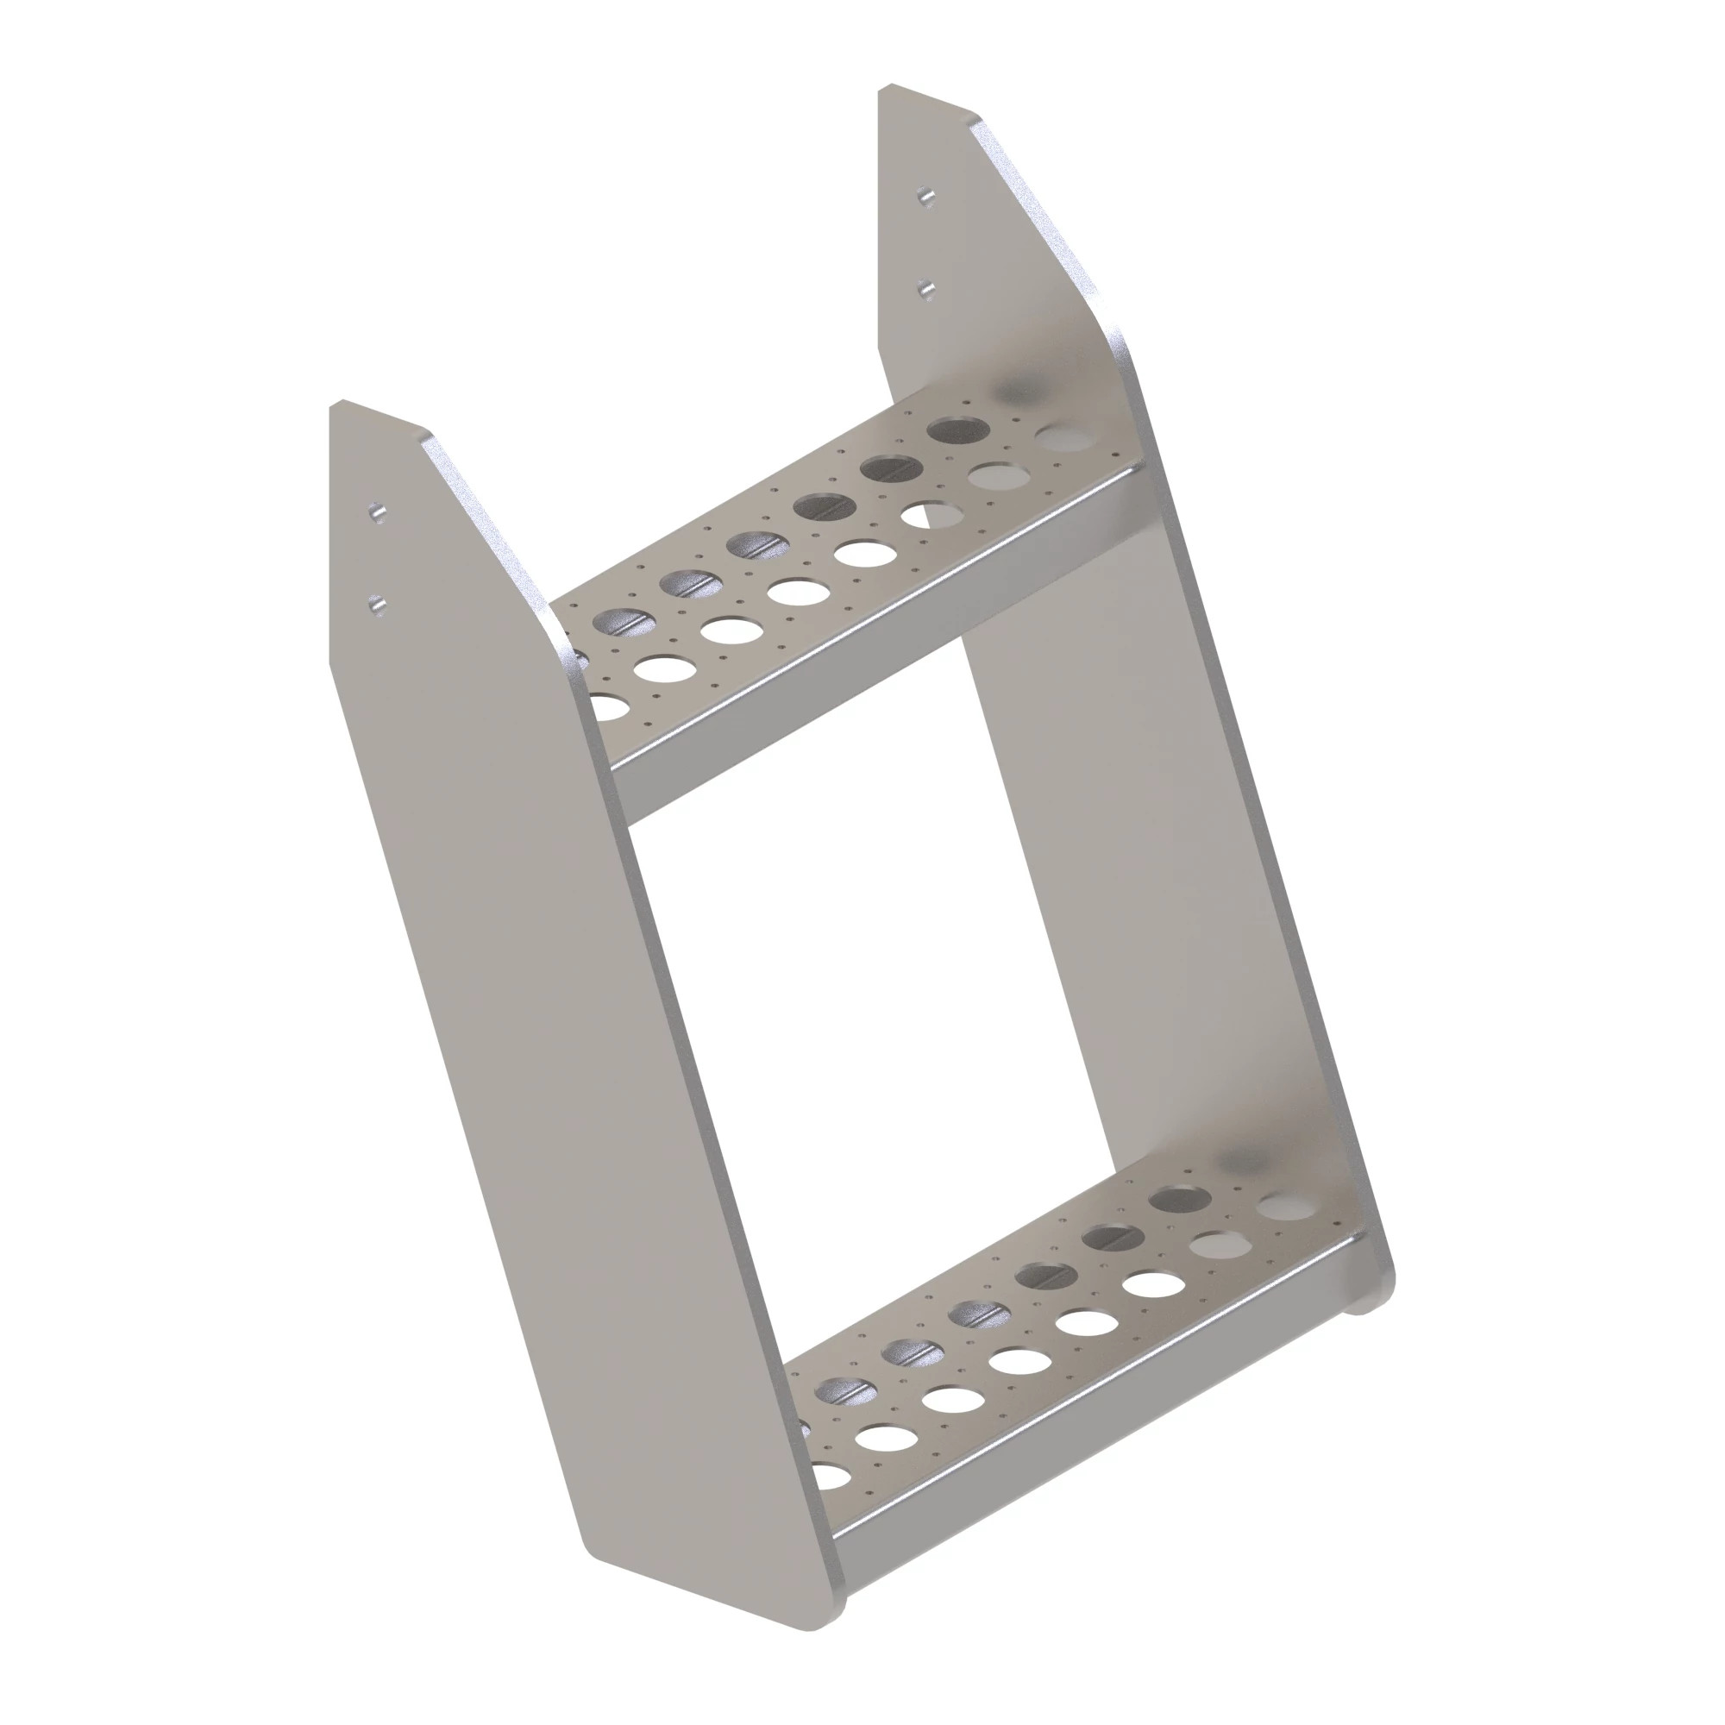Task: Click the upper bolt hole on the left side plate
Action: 379,512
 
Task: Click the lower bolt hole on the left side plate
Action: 379,606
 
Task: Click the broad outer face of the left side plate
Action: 500,1026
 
